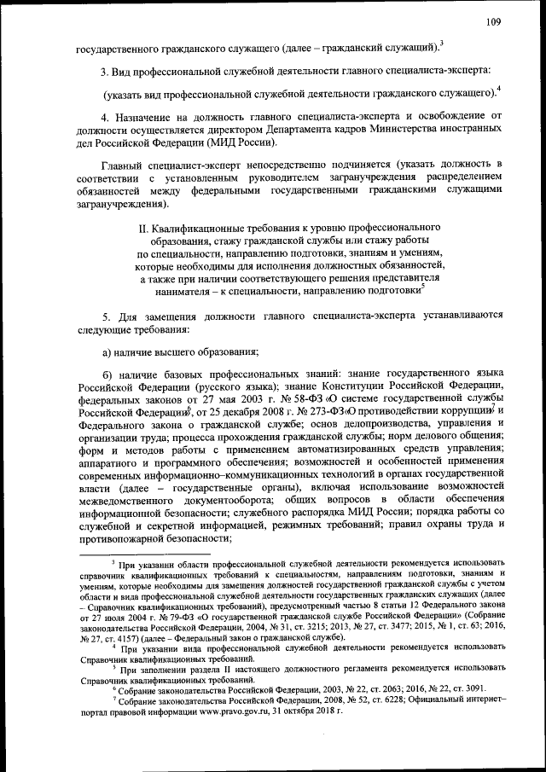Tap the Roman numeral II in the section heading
(x=142, y=229)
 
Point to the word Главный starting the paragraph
(x=123, y=163)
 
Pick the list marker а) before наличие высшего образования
(x=107, y=351)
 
